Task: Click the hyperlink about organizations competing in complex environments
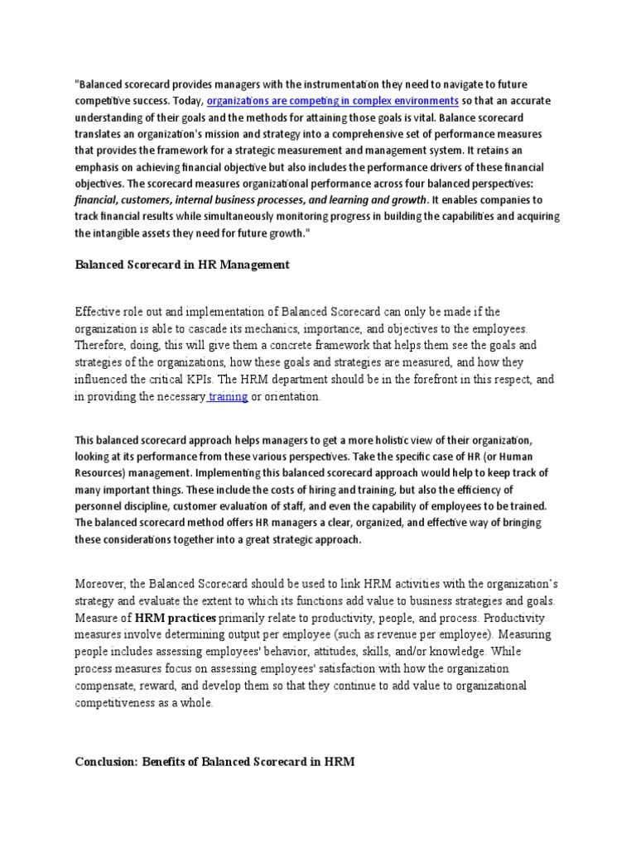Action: coord(332,101)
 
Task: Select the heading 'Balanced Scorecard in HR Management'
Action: coord(182,266)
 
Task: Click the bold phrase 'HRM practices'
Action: coord(176,618)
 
